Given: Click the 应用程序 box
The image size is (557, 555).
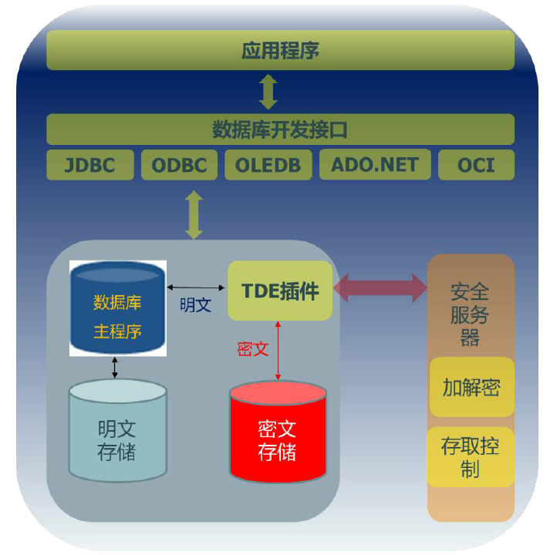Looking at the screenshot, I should click(280, 52).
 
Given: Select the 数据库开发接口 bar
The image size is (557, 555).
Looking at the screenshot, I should click(280, 129).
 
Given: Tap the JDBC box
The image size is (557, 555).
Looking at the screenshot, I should click(90, 165).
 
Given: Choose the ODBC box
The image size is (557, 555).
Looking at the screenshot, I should click(179, 165).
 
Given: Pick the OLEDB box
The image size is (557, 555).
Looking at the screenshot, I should click(268, 165).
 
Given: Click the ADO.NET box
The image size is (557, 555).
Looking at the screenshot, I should click(375, 165).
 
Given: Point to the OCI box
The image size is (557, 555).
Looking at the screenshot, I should click(476, 165).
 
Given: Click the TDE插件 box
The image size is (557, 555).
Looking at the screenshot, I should click(280, 291).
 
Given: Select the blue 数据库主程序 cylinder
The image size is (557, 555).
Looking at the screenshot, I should click(117, 308).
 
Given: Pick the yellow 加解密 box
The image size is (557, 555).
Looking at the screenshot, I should click(471, 387).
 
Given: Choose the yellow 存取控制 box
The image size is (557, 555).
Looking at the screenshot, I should click(470, 456).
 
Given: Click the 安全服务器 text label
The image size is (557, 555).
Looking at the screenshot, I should click(470, 314).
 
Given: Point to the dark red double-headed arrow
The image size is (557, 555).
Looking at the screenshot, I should click(380, 288).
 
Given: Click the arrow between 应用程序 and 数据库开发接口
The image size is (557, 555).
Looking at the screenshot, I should click(268, 92).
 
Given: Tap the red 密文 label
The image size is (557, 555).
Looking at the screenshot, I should click(252, 348).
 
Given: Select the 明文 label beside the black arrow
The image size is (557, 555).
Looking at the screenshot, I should click(195, 304).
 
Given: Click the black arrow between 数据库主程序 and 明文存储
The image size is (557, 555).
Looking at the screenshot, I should click(115, 367).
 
